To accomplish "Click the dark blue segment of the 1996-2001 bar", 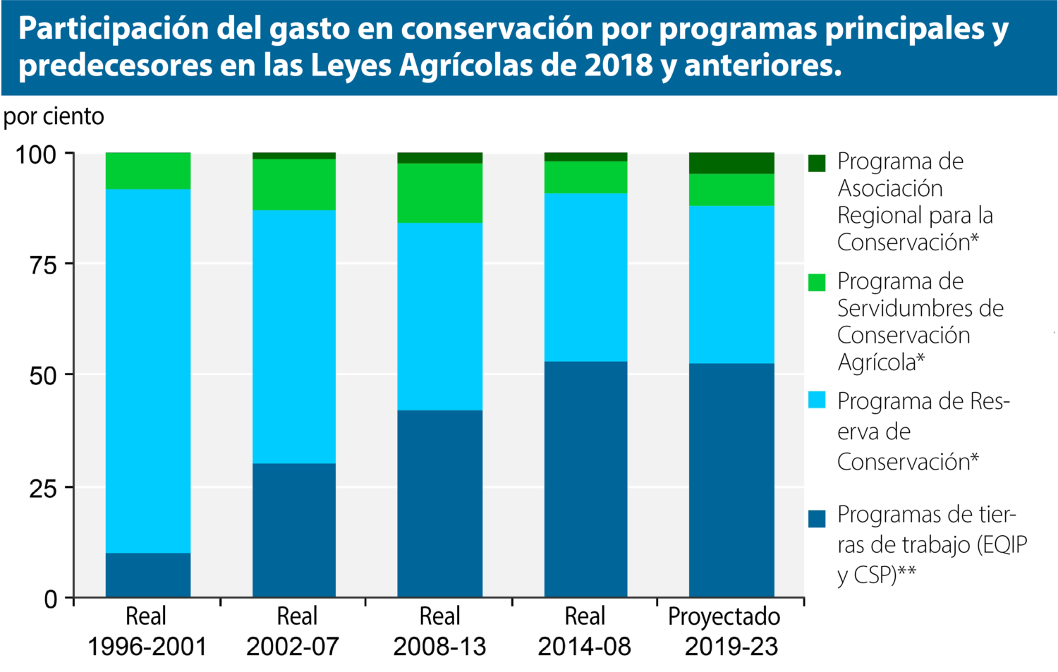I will click(x=148, y=575).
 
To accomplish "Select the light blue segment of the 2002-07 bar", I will click(x=294, y=336).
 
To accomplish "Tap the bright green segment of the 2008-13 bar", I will click(x=440, y=193).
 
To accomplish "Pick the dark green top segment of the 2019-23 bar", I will click(x=731, y=163).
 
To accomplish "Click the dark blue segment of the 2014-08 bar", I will click(x=585, y=479).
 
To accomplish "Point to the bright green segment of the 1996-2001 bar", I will click(x=148, y=171).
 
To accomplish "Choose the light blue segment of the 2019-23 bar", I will click(x=731, y=284).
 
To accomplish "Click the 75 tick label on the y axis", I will click(x=42, y=265).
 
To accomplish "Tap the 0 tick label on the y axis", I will click(x=51, y=599).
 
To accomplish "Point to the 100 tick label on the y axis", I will click(x=36, y=154).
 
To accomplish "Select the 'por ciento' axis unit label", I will click(x=54, y=116).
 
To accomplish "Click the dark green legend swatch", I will click(x=817, y=163).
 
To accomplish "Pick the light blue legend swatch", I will click(x=817, y=400).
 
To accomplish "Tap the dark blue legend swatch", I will click(x=817, y=518).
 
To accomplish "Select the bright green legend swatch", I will click(x=817, y=283).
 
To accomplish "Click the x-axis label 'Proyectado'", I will click(x=724, y=616).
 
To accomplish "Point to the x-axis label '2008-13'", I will click(x=440, y=647).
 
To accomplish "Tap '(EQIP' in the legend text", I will click(x=1002, y=545).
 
